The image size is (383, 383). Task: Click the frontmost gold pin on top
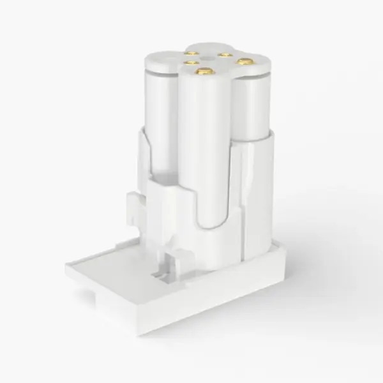point(205,73)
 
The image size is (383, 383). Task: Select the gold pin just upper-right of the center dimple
point(225,55)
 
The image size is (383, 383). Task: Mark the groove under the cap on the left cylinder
point(156,74)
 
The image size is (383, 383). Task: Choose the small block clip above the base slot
point(172,259)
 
